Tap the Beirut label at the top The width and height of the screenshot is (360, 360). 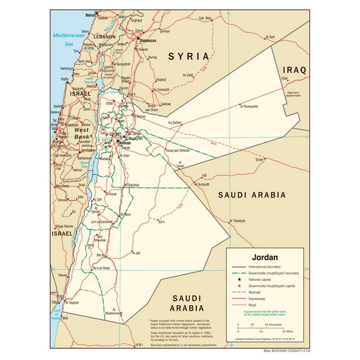coord(91,13)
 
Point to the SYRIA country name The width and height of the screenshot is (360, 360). coord(188,56)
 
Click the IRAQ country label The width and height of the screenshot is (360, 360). coord(294,70)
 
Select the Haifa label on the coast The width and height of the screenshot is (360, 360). coord(65,79)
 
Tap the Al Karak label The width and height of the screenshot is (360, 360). coord(112,194)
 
